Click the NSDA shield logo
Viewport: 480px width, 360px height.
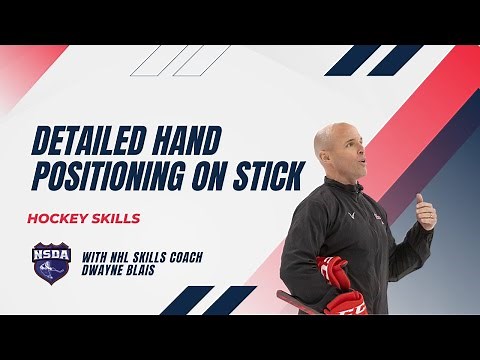pyautogui.click(x=50, y=265)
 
